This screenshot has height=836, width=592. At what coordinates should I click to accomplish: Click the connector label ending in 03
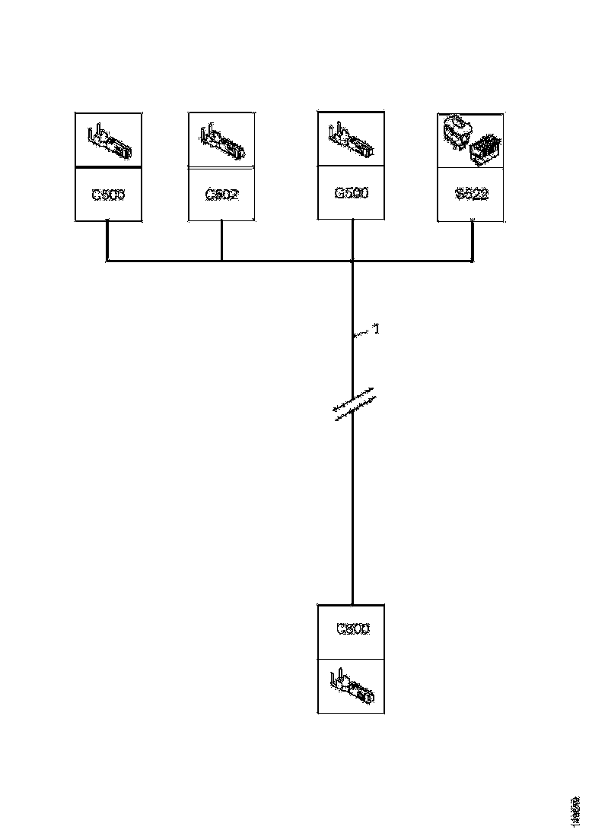[108, 195]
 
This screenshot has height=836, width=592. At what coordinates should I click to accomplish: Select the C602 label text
[221, 195]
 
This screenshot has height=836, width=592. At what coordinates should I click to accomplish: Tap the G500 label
[351, 194]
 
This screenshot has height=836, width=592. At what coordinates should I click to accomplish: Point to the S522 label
[472, 195]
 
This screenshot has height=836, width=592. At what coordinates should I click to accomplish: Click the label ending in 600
[352, 630]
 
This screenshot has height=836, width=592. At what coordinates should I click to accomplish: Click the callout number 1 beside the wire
[375, 331]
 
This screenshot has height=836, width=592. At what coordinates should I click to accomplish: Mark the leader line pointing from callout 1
[361, 334]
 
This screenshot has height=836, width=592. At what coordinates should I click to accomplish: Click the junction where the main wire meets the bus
[353, 261]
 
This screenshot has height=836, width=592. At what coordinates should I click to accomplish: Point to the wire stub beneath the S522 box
[473, 242]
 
